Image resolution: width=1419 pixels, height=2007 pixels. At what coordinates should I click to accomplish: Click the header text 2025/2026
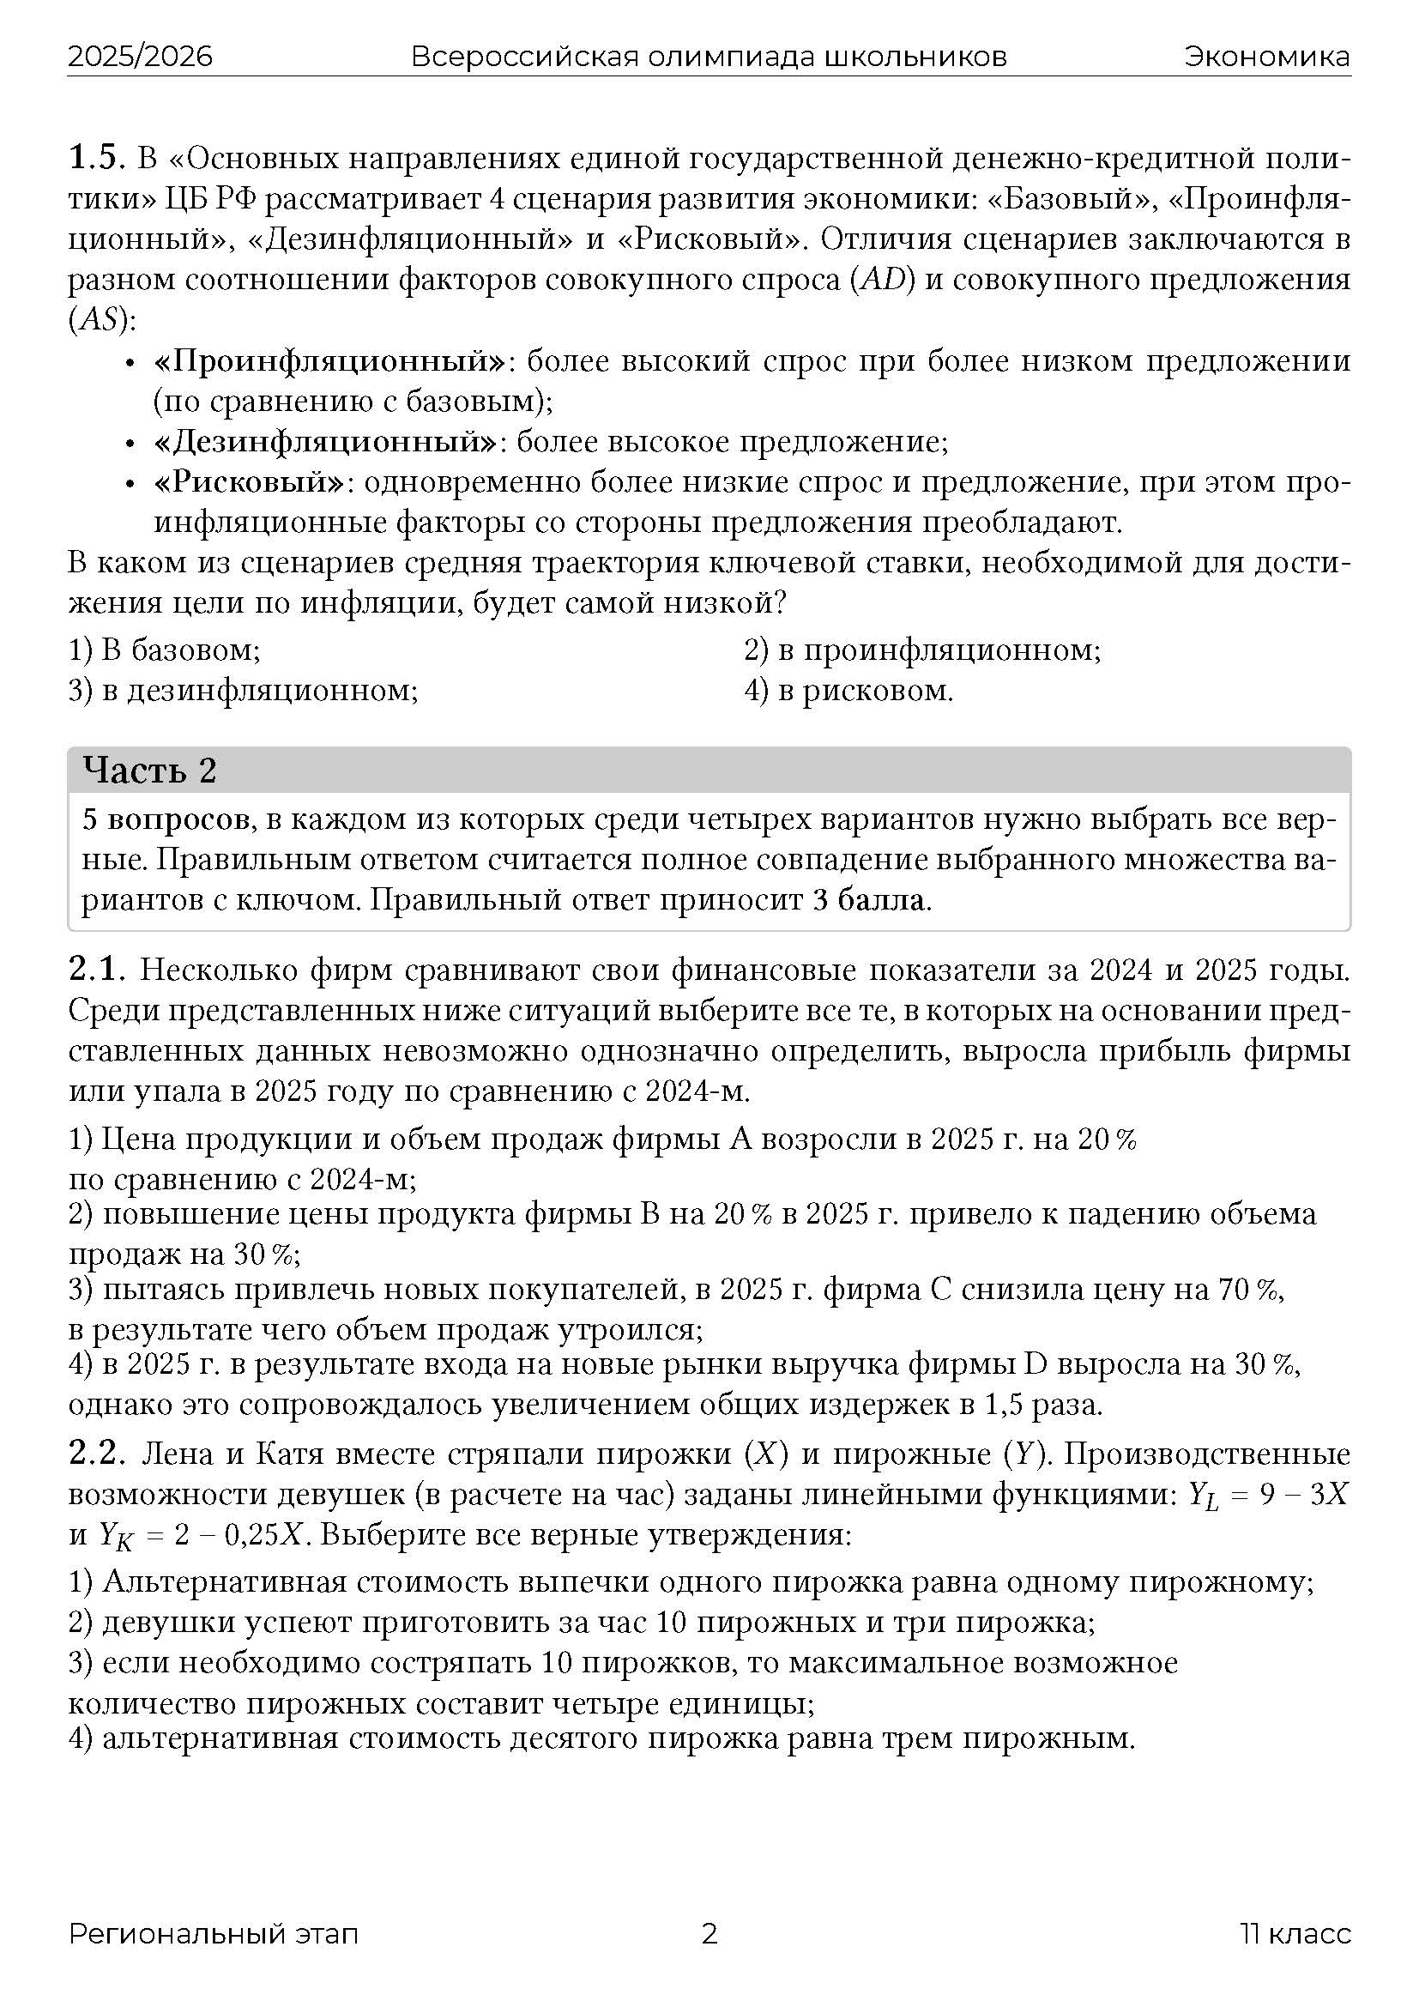pos(140,57)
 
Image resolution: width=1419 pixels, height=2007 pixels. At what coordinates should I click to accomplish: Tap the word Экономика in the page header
pos(1267,57)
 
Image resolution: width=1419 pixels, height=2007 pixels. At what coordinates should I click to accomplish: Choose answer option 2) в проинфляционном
pos(921,650)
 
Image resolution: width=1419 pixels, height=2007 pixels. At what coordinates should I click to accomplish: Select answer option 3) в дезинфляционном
pos(243,691)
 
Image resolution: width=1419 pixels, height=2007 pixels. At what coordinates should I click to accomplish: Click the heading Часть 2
pos(149,770)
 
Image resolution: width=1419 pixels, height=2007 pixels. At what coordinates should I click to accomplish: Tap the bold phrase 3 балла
pos(868,900)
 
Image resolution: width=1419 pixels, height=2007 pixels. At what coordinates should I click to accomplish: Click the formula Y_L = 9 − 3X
pos(1267,1495)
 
